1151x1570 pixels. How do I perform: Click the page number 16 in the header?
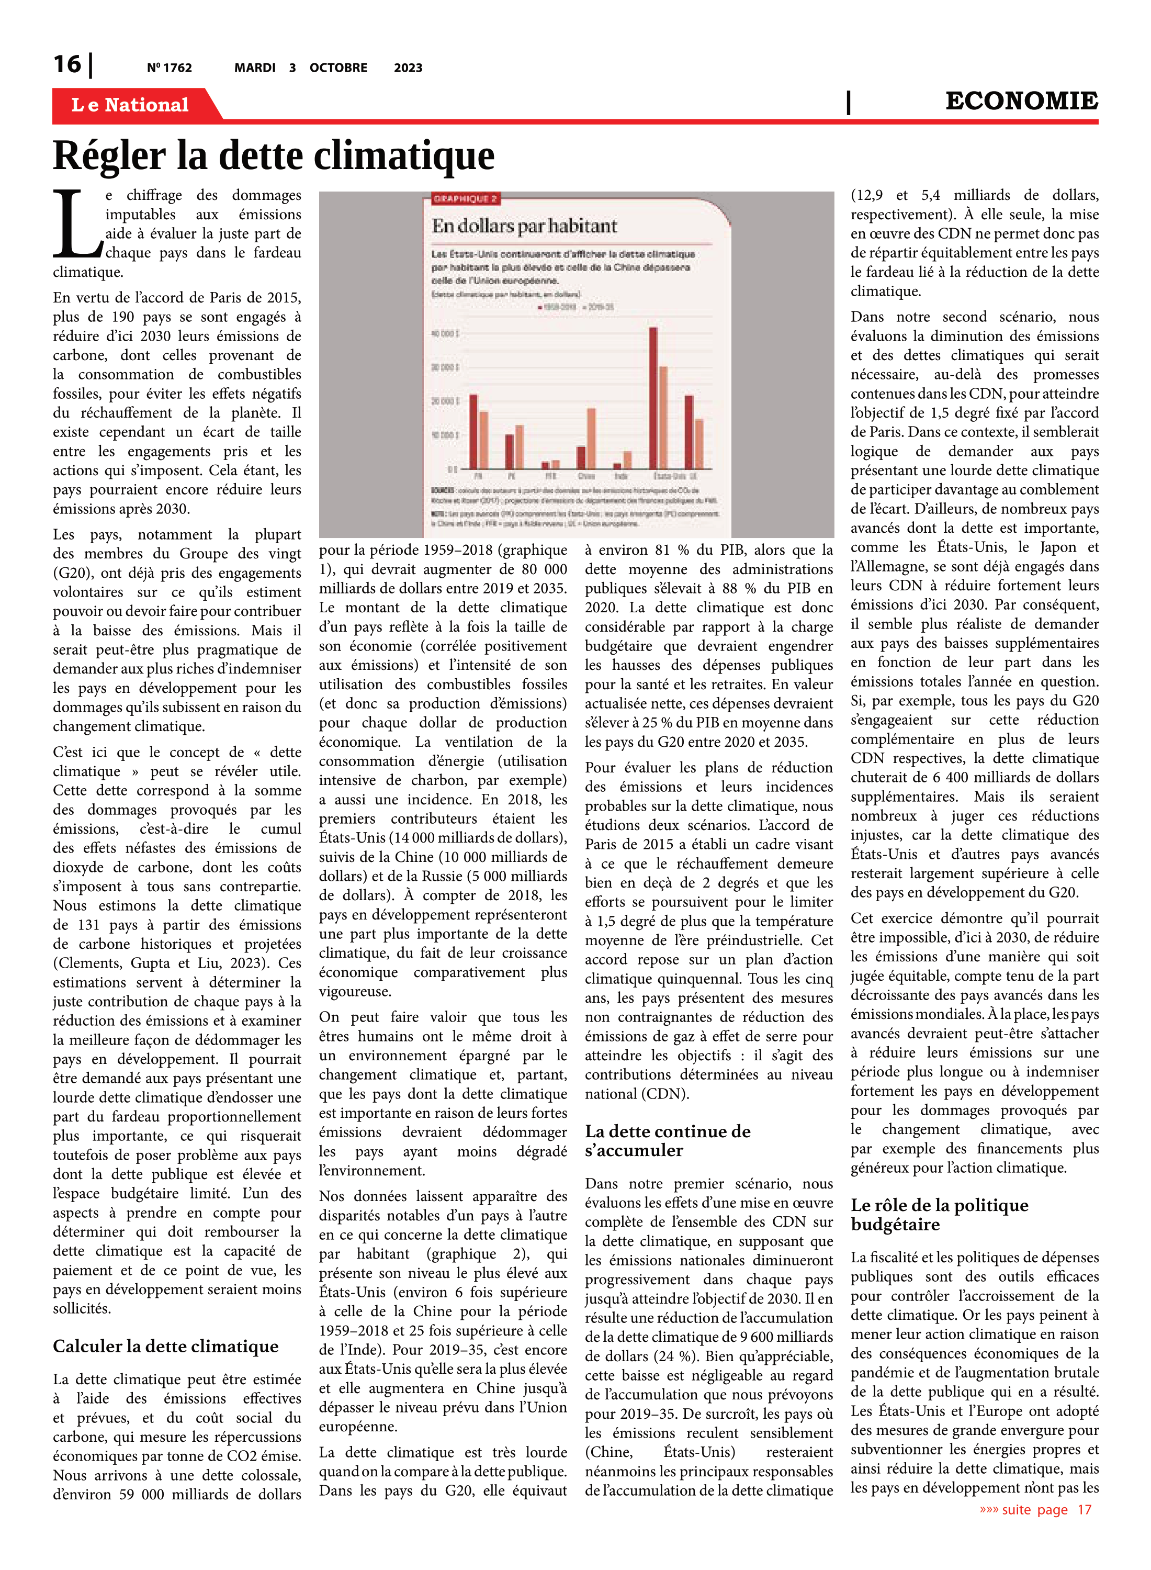(x=67, y=64)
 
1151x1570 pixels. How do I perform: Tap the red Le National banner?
(x=130, y=105)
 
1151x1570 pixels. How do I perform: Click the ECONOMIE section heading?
(x=1021, y=101)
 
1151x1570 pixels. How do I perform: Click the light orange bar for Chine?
(x=592, y=439)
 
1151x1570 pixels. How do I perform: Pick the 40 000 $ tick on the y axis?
(x=445, y=334)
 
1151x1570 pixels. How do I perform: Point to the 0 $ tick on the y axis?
(x=452, y=469)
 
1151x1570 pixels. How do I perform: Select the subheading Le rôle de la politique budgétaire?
(x=939, y=1214)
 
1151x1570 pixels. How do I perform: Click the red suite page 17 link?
(x=1035, y=1509)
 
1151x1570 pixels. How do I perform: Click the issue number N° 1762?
(x=170, y=68)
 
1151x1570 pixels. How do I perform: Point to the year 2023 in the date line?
(x=408, y=68)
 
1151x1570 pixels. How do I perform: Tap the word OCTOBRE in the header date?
(x=338, y=68)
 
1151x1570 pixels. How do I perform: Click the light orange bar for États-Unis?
(x=663, y=418)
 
